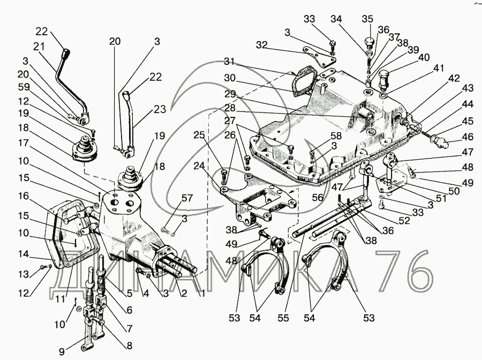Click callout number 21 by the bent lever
coord(38,47)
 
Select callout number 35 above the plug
coord(367,19)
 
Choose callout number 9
coord(62,352)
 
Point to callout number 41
coord(439,69)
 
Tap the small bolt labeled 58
coord(290,147)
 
